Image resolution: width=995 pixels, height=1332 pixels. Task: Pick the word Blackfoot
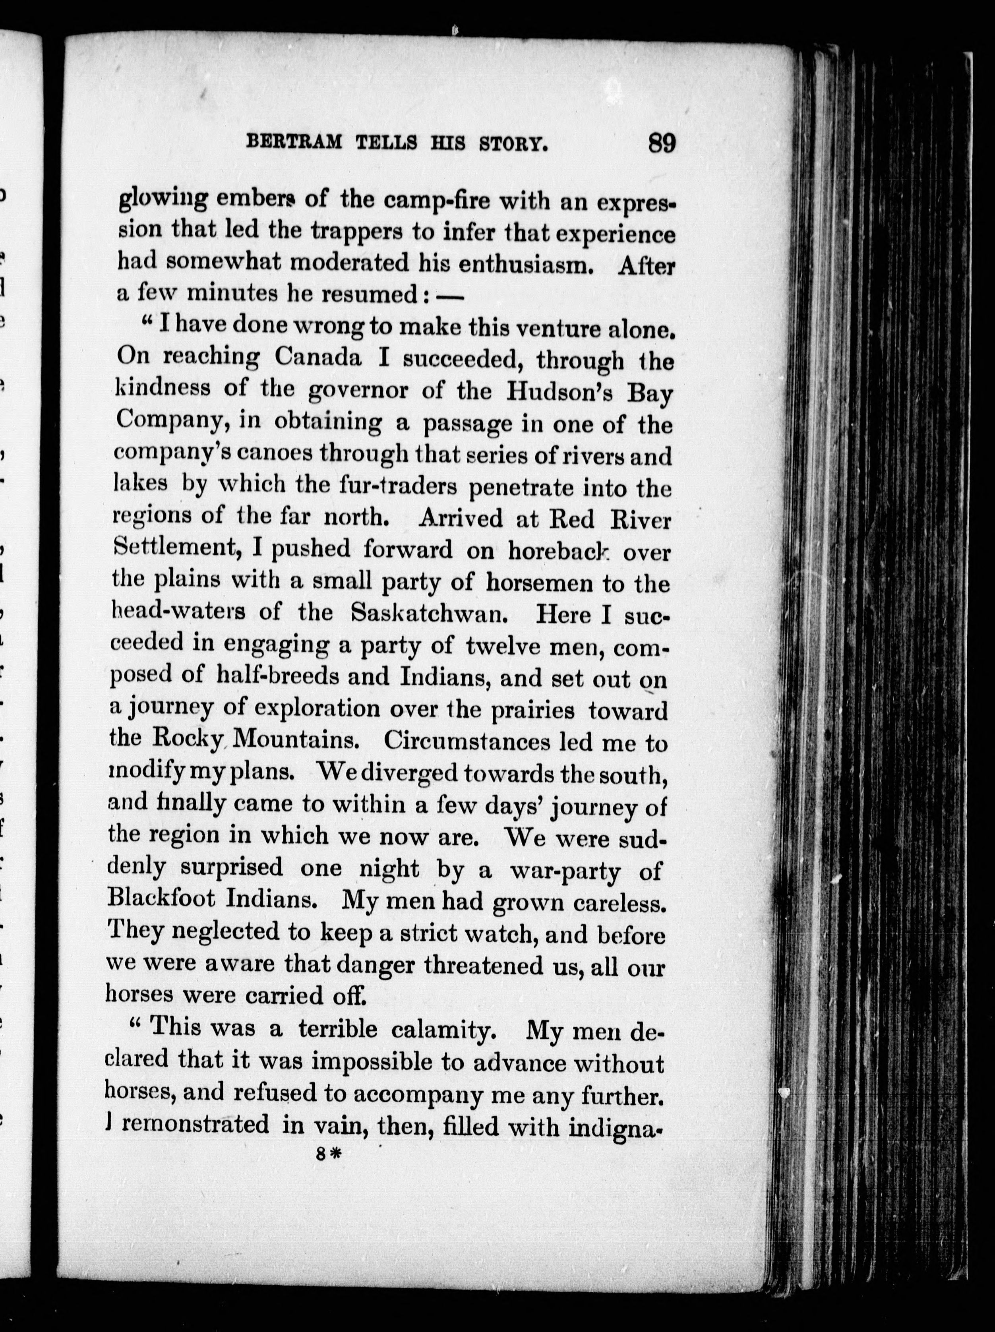[x=161, y=898]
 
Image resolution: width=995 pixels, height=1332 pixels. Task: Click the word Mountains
[x=296, y=740]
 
